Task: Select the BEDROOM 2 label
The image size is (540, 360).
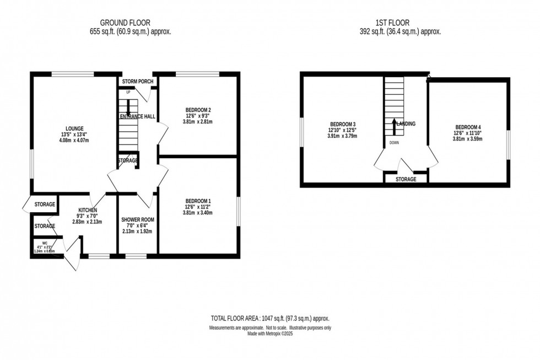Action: click(198, 109)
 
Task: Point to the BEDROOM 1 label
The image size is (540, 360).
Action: click(198, 201)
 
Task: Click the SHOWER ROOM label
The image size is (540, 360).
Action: click(137, 219)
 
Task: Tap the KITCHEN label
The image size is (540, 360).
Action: click(88, 210)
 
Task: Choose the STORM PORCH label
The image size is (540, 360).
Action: click(137, 82)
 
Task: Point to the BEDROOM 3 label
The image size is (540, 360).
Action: click(343, 123)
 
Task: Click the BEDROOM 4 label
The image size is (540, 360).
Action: click(467, 126)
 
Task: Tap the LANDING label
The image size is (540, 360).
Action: click(406, 124)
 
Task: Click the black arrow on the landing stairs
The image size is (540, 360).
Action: click(394, 126)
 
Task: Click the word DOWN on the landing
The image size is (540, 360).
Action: click(394, 142)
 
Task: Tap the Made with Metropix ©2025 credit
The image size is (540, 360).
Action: click(270, 334)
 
